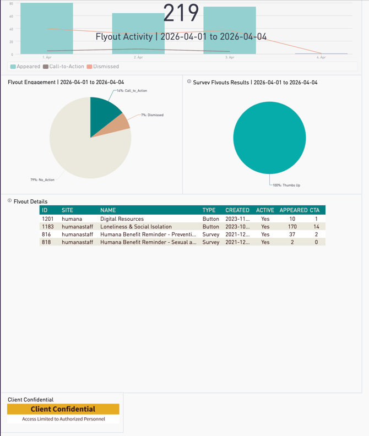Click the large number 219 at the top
(181, 13)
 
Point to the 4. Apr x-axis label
(321, 57)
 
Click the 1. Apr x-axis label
(47, 57)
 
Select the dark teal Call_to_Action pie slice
(104, 108)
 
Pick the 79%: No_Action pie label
(42, 179)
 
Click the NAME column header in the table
(108, 210)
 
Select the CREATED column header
(237, 210)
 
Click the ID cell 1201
(47, 219)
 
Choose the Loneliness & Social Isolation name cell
(135, 226)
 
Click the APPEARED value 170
(292, 226)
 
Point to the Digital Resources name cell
(122, 219)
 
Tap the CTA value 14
(316, 226)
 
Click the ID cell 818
(46, 242)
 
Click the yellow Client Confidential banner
(63, 409)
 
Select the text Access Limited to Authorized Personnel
(63, 419)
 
